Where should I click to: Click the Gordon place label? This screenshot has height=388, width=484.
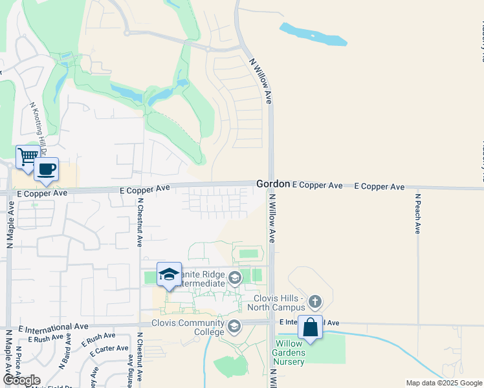click(x=272, y=184)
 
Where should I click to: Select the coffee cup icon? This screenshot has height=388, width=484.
click(x=46, y=170)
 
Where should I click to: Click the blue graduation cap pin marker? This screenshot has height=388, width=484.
click(x=169, y=274)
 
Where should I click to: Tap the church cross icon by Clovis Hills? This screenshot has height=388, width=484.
click(x=314, y=301)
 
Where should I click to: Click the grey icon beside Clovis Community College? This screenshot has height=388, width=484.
click(x=234, y=325)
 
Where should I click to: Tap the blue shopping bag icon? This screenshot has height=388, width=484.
click(x=311, y=327)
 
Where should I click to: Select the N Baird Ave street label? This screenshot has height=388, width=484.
click(x=65, y=356)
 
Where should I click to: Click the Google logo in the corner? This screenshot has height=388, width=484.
click(x=21, y=380)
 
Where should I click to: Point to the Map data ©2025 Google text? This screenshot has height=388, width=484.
click(x=443, y=383)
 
